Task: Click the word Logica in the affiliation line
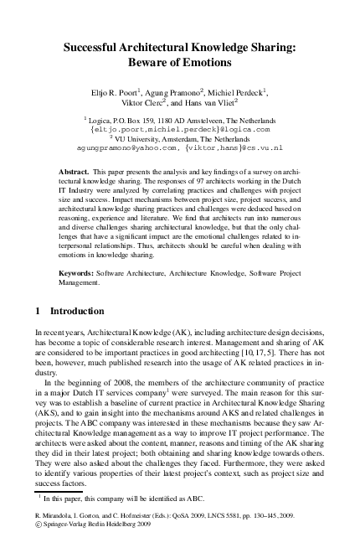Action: pyautogui.click(x=105, y=121)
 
